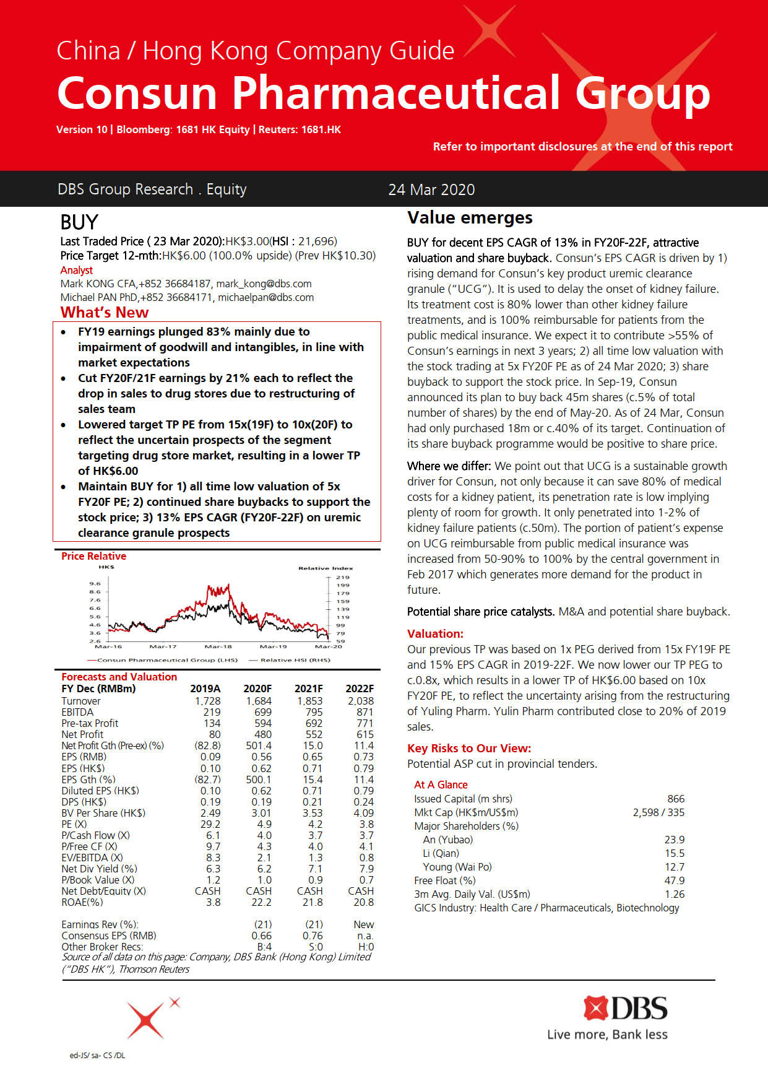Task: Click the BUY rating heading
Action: pyautogui.click(x=79, y=222)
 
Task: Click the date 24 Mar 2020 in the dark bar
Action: pyautogui.click(x=431, y=189)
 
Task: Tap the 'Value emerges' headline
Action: pyautogui.click(x=470, y=218)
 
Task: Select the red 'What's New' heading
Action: pyautogui.click(x=105, y=312)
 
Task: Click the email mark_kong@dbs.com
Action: pyautogui.click(x=264, y=284)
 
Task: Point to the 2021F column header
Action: pyautogui.click(x=308, y=689)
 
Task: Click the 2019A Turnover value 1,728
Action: pyautogui.click(x=207, y=701)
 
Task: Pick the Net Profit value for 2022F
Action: pyautogui.click(x=365, y=734)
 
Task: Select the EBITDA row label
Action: pyautogui.click(x=77, y=712)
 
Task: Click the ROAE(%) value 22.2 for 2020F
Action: pyautogui.click(x=259, y=902)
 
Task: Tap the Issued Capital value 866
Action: pyautogui.click(x=676, y=799)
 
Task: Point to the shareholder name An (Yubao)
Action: pyautogui.click(x=447, y=840)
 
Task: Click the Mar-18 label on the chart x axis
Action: pyautogui.click(x=218, y=646)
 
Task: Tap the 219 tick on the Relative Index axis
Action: pyautogui.click(x=342, y=577)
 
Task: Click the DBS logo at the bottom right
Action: pyautogui.click(x=625, y=1009)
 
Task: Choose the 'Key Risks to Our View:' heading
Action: pyautogui.click(x=469, y=748)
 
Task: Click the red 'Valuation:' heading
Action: pyautogui.click(x=435, y=633)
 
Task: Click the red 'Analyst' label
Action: pyautogui.click(x=77, y=270)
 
